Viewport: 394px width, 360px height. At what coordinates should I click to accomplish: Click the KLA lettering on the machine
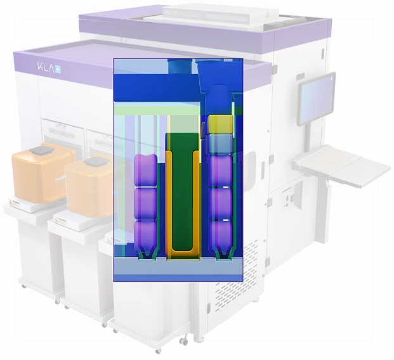click(46, 67)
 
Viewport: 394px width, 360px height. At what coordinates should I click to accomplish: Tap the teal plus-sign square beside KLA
click(58, 69)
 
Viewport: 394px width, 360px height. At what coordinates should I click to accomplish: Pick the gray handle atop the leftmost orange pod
click(41, 150)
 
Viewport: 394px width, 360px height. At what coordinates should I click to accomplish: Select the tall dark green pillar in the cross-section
click(183, 192)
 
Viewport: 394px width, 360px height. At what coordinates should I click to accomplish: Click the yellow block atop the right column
click(220, 124)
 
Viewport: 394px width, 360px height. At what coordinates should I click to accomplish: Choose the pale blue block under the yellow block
click(220, 145)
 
